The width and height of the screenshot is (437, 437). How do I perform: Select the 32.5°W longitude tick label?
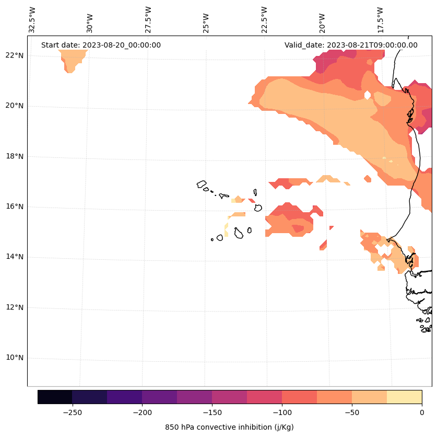(x=33, y=19)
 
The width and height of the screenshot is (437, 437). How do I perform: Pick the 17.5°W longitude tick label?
(x=381, y=19)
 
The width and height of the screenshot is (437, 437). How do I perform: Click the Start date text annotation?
(x=101, y=45)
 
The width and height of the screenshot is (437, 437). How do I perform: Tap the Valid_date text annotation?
(x=351, y=45)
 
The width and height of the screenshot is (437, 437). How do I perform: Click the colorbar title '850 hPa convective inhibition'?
(x=229, y=427)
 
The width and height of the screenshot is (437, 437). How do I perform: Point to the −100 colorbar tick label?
(x=282, y=412)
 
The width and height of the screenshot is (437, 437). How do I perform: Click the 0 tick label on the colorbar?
(x=421, y=412)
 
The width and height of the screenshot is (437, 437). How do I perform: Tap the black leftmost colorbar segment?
(x=55, y=397)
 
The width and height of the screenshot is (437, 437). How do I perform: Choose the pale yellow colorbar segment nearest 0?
(x=404, y=397)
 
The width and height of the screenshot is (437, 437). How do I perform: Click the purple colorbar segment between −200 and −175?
(x=159, y=397)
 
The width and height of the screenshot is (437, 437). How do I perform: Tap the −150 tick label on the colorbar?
(x=212, y=412)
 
